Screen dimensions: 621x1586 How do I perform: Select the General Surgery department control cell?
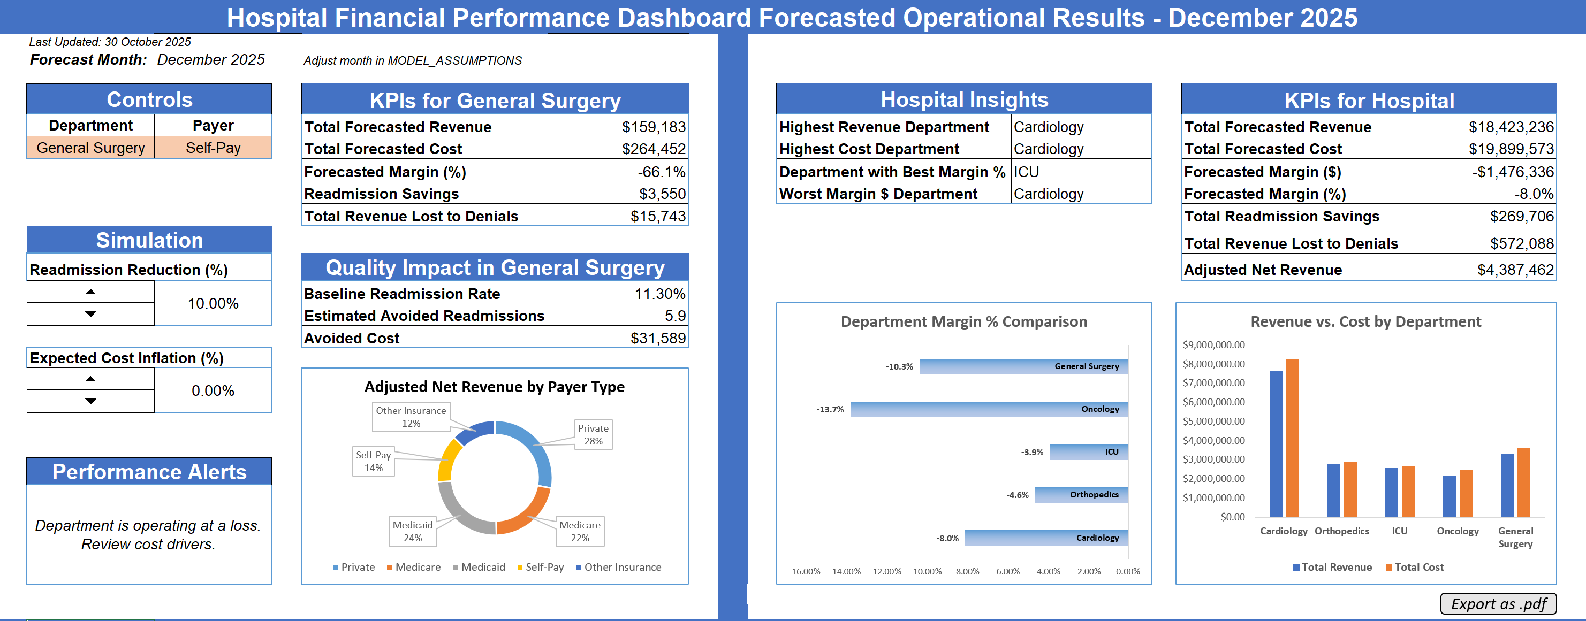pyautogui.click(x=90, y=148)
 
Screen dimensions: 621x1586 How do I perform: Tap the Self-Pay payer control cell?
pyautogui.click(x=213, y=148)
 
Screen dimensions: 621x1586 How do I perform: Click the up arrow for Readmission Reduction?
pyautogui.click(x=90, y=292)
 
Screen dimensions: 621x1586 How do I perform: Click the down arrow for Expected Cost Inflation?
pyautogui.click(x=90, y=401)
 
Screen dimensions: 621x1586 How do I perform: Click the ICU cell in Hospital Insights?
pyautogui.click(x=1026, y=172)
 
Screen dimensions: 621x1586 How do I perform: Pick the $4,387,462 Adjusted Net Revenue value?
pyautogui.click(x=1515, y=270)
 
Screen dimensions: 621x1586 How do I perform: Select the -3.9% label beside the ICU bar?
pyautogui.click(x=1032, y=452)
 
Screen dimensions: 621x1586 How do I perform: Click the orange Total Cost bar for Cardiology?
pyautogui.click(x=1292, y=437)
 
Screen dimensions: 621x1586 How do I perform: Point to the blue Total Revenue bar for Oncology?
pyautogui.click(x=1450, y=496)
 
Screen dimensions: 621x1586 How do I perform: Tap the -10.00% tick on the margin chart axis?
pyautogui.click(x=926, y=571)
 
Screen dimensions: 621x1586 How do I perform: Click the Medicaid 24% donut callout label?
pyautogui.click(x=413, y=531)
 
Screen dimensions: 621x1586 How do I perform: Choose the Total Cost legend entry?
pyautogui.click(x=1414, y=567)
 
